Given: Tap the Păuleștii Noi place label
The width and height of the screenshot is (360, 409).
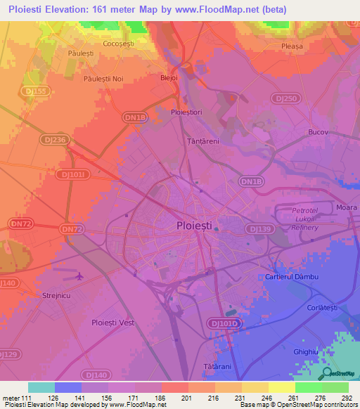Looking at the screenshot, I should [x=103, y=79].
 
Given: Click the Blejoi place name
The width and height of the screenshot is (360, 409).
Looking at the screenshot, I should [x=170, y=78].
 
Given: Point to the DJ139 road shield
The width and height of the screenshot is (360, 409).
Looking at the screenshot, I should [x=258, y=228].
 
